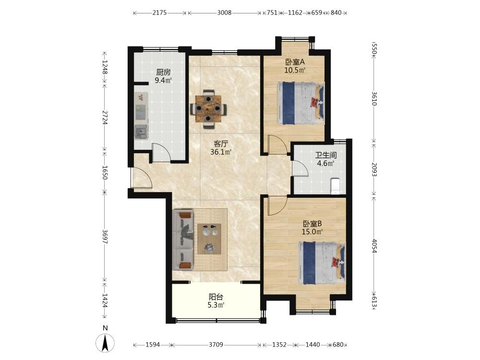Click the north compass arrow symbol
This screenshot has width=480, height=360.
pyautogui.click(x=105, y=343)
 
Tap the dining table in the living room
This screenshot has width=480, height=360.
pyautogui.click(x=208, y=108)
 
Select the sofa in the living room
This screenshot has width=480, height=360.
pyautogui.click(x=183, y=240)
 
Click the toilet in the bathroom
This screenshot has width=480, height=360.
pyautogui.click(x=335, y=186)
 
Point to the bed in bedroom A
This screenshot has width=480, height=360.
pyautogui.click(x=300, y=103)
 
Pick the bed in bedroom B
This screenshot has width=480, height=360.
pyautogui.click(x=322, y=263)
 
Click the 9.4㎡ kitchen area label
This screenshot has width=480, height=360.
pyautogui.click(x=163, y=81)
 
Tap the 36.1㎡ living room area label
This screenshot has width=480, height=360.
pyautogui.click(x=221, y=152)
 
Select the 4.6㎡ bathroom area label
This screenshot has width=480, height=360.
pyautogui.click(x=325, y=164)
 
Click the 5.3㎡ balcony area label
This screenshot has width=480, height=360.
pyautogui.click(x=216, y=305)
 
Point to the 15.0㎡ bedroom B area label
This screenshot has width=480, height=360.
pyautogui.click(x=312, y=232)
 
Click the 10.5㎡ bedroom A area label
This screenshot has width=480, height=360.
pyautogui.click(x=295, y=70)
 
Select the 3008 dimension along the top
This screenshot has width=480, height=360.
pyautogui.click(x=224, y=13)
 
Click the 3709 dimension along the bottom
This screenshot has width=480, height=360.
pyautogui.click(x=216, y=345)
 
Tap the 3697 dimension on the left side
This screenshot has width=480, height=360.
pyautogui.click(x=105, y=237)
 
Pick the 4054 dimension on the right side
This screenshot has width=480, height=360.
pyautogui.click(x=374, y=245)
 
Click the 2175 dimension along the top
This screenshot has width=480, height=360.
pyautogui.click(x=159, y=13)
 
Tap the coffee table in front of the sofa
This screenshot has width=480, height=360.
pyautogui.click(x=209, y=239)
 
